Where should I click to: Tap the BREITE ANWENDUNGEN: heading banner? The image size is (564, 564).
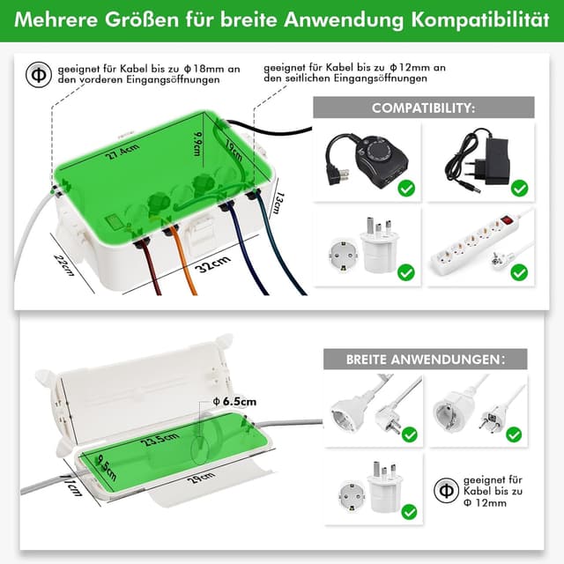click(424, 360)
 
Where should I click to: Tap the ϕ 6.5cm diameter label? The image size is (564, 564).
click(234, 402)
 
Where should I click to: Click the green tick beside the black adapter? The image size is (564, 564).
click(519, 188)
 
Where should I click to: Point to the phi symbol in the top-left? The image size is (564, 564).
click(37, 72)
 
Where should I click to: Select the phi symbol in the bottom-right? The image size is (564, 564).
click(445, 491)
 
